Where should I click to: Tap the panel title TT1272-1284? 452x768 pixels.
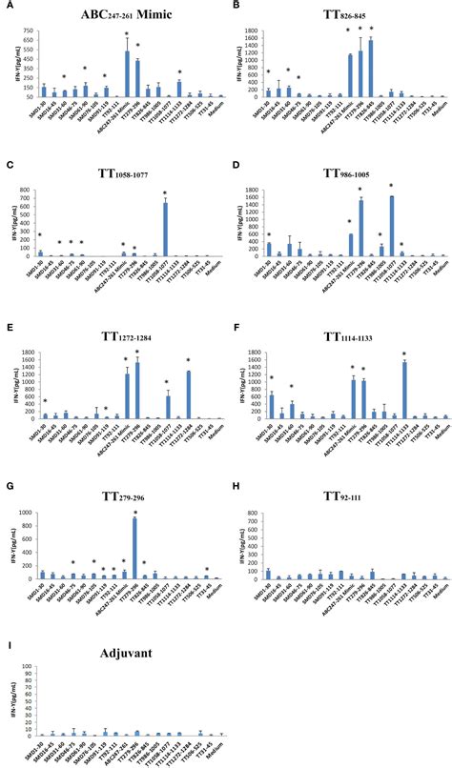tap(113, 335)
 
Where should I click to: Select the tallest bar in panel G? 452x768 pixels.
tap(134, 548)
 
